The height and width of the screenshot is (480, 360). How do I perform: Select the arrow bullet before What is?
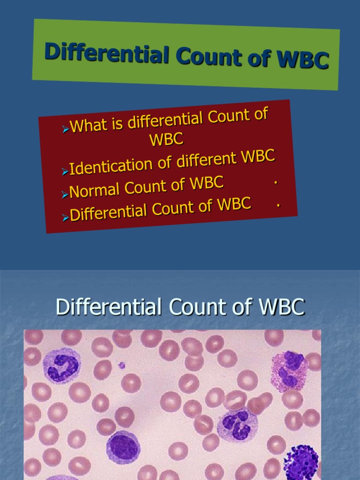pos(65,128)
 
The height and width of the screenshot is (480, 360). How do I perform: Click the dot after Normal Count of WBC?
pos(276,182)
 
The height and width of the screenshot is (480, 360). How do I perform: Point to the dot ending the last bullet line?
pos(279,204)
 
